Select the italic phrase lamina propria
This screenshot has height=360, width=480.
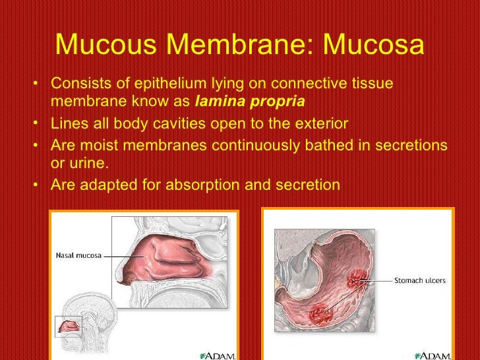point(250,102)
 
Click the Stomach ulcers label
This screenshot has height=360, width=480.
point(419,280)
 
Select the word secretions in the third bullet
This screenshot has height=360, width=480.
point(409,144)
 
